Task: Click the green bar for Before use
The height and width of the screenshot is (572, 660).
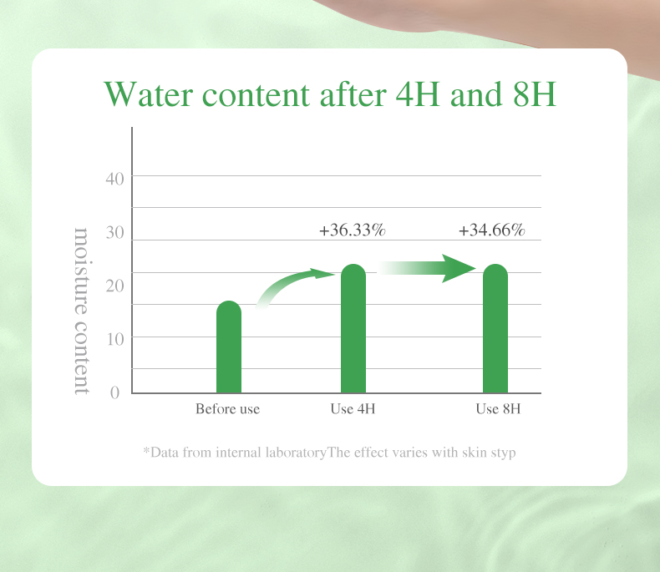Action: [229, 347]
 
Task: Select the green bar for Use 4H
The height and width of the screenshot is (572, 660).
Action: [353, 328]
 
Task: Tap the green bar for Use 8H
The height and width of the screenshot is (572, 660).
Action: [495, 328]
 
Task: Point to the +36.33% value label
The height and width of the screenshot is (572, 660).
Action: [353, 230]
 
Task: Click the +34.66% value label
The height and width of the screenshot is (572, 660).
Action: [491, 230]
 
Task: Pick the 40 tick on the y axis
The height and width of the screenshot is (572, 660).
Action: [115, 180]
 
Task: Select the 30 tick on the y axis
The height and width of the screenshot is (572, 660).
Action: [115, 233]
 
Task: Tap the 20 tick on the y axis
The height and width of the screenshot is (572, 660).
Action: [115, 286]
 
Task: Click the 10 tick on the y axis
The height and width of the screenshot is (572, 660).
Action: [115, 339]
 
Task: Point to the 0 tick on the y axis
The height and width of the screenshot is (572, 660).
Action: [115, 392]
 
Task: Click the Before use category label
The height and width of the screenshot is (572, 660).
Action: [228, 409]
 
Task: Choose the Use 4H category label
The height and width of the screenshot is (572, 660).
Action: [353, 409]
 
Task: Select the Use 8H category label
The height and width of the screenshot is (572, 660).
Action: [499, 409]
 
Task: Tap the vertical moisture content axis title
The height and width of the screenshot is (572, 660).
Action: [82, 311]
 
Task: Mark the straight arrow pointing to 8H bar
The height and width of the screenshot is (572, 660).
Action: [427, 268]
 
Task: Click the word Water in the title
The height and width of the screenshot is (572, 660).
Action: [149, 94]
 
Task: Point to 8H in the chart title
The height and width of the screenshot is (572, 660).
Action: [535, 94]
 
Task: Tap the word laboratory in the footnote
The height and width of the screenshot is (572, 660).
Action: [296, 453]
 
